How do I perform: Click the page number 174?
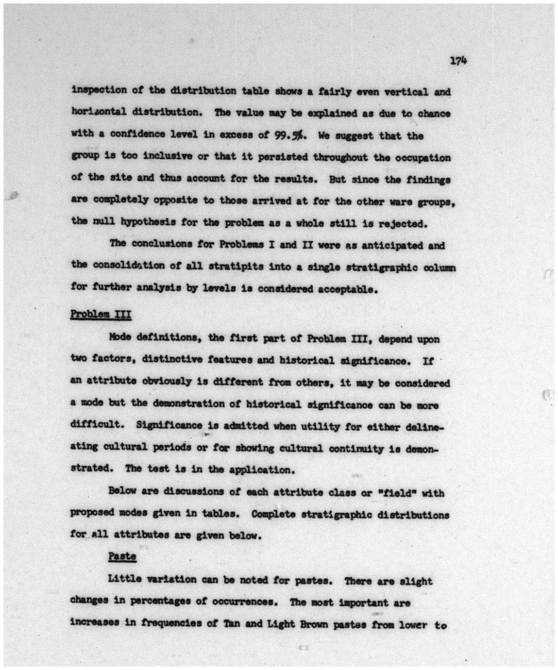click(x=458, y=61)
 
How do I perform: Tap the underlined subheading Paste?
click(x=122, y=556)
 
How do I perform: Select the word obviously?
click(x=165, y=382)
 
